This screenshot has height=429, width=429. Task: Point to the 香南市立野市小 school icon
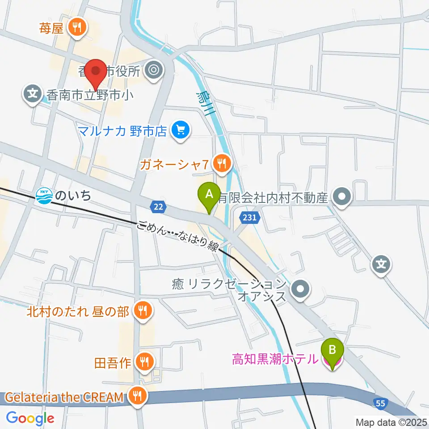coord(32,94)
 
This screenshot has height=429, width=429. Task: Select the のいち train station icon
coord(44,195)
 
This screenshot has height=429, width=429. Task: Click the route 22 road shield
coord(159,206)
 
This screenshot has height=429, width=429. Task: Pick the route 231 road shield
coord(249,218)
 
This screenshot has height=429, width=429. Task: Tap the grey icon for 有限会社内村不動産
coord(343,196)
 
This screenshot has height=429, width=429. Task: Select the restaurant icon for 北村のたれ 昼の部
coord(143,311)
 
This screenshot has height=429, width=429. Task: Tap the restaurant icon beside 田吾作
coord(144,362)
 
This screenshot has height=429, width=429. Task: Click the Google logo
coord(30,418)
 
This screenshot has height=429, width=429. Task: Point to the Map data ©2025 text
coord(391,422)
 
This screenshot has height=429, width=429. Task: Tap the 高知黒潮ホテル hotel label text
coord(275,358)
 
